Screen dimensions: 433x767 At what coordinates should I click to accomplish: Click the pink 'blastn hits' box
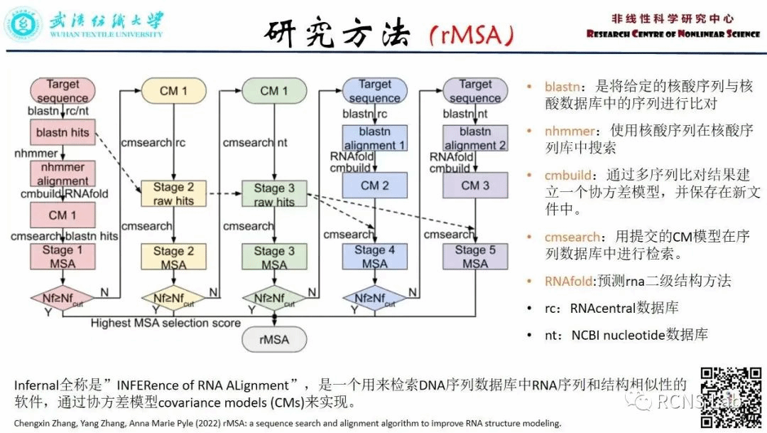point(62,133)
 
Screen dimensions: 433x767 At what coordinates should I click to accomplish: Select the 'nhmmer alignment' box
point(62,173)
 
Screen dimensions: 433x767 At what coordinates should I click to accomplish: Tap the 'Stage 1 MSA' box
point(62,257)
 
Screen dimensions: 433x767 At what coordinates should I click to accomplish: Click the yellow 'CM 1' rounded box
point(173,90)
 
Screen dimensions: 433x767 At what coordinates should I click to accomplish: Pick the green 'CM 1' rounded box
point(273,90)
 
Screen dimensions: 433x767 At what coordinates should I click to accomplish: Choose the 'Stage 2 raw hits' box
point(173,194)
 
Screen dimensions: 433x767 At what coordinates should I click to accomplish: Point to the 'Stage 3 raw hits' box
point(273,194)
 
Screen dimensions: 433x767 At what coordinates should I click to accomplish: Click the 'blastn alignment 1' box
point(374,139)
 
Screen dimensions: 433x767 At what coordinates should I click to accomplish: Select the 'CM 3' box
point(475,186)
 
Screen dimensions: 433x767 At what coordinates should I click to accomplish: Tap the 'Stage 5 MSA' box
point(475,257)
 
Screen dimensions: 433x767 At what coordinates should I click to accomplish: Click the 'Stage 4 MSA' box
point(374,257)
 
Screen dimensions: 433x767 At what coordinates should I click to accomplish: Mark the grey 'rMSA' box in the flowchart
point(274,339)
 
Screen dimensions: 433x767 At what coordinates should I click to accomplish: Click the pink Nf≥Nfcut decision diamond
point(62,298)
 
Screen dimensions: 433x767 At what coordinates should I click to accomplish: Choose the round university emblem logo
point(23,24)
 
